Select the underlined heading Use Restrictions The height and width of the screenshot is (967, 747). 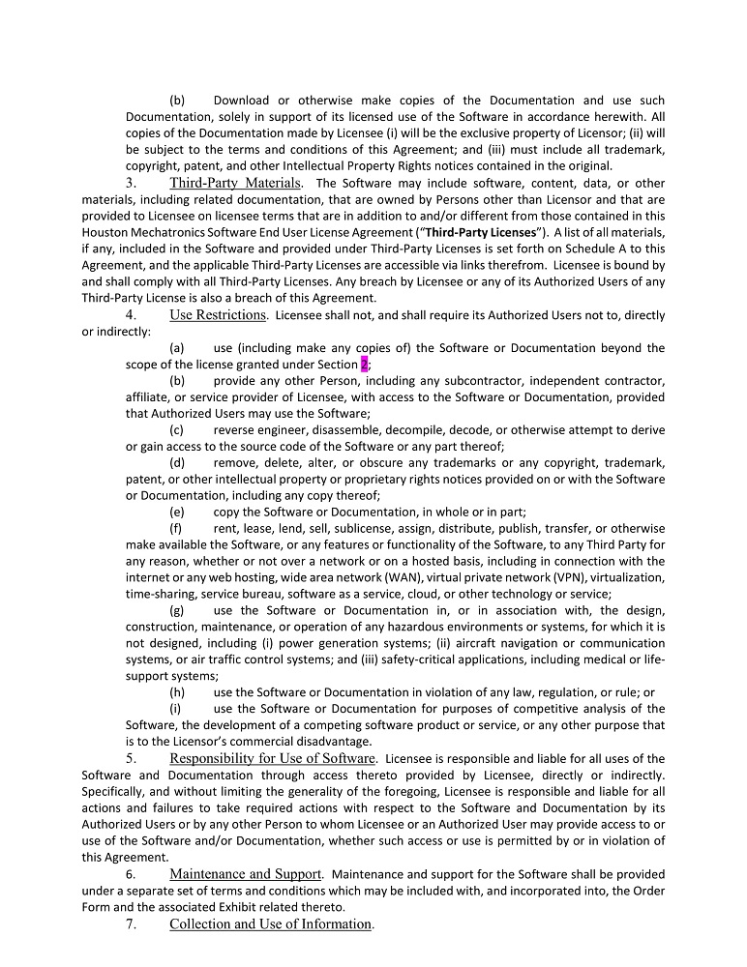point(217,314)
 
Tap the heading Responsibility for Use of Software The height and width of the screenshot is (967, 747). point(272,758)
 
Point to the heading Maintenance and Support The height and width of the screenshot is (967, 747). point(245,874)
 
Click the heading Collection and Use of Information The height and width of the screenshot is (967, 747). point(270,923)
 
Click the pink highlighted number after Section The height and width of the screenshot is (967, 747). point(364,365)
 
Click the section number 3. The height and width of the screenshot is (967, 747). point(131,183)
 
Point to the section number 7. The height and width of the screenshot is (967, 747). point(131,923)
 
